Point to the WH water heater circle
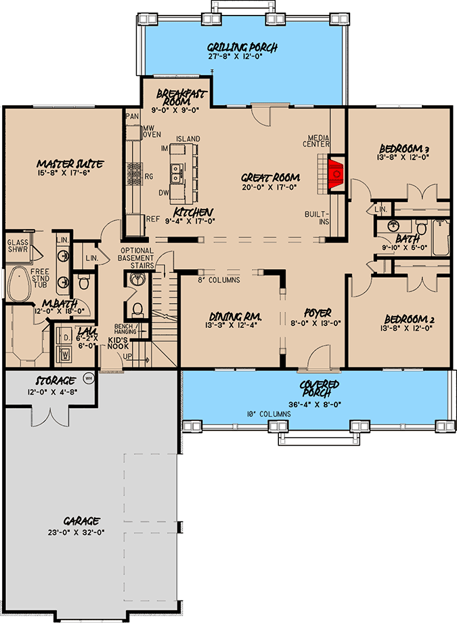(88, 378)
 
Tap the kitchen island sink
(177, 174)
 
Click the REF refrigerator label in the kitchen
(152, 218)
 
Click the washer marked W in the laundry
(65, 353)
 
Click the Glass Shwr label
(17, 245)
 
